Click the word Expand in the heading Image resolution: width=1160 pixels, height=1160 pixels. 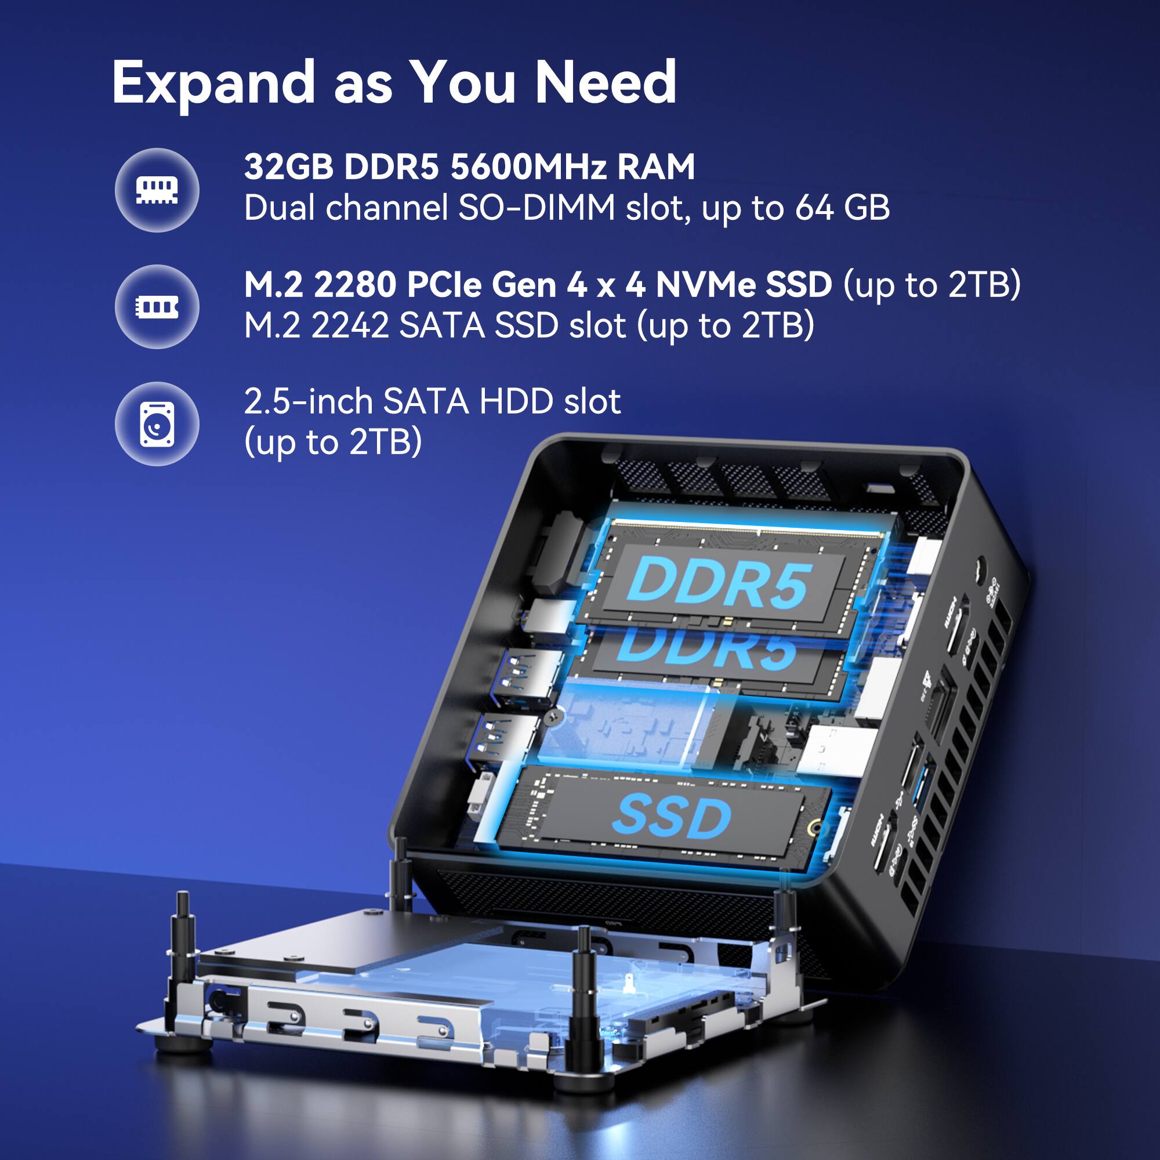tap(213, 83)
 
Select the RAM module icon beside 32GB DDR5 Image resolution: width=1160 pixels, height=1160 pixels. tap(157, 190)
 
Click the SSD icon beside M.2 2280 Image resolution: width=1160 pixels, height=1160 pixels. tap(157, 307)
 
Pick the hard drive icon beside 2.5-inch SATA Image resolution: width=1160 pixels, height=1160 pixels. tap(157, 424)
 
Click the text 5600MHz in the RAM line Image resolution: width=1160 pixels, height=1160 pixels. tap(528, 166)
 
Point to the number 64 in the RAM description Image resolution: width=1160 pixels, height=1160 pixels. tap(814, 208)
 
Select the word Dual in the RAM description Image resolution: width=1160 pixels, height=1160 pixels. tap(280, 208)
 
